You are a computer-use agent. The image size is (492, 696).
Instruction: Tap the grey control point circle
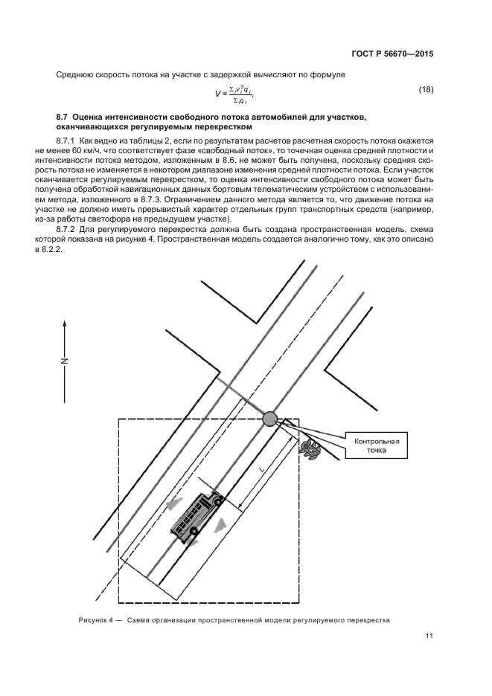click(x=270, y=419)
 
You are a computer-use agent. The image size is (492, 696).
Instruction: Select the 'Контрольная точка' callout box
click(x=377, y=446)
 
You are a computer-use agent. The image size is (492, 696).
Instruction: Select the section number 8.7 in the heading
click(x=64, y=117)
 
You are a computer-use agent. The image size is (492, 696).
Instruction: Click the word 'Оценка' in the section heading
click(x=92, y=117)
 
